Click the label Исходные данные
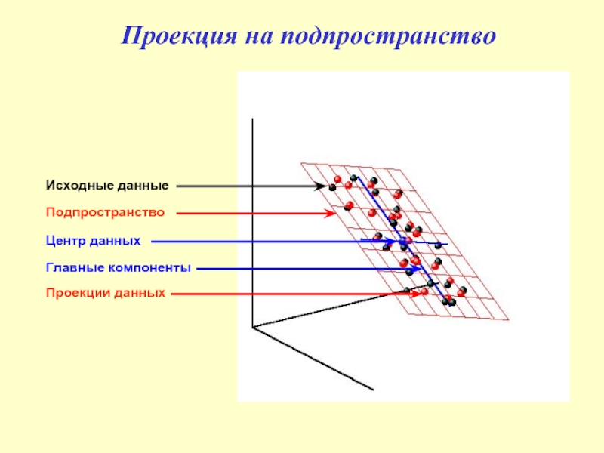coord(106,185)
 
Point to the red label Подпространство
coord(105,212)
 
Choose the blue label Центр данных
coord(93,241)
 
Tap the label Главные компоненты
coord(119,267)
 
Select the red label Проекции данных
coord(105,292)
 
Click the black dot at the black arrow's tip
coord(332,186)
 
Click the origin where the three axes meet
coord(252,327)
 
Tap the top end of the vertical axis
coord(252,119)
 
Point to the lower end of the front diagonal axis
coord(374,390)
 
